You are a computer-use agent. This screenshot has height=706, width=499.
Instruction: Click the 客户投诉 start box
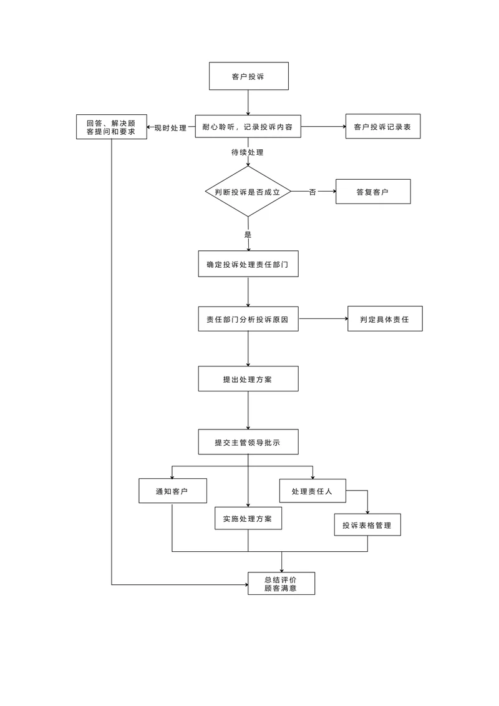click(x=248, y=77)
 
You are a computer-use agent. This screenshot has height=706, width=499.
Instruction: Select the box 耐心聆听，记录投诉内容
click(x=248, y=127)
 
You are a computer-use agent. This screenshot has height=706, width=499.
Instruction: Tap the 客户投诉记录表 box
click(x=382, y=127)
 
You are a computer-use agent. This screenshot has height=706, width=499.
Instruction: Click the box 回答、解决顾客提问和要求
click(x=111, y=127)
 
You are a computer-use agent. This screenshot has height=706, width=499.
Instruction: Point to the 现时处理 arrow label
click(x=170, y=127)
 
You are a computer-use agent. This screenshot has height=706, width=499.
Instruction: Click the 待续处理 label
click(x=248, y=152)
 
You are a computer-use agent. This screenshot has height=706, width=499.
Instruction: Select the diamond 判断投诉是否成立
click(x=248, y=192)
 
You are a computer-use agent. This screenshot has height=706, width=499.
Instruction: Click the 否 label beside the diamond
click(x=312, y=192)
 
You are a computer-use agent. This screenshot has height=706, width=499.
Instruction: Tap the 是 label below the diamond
click(x=248, y=235)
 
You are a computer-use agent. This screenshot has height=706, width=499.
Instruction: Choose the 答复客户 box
click(x=372, y=192)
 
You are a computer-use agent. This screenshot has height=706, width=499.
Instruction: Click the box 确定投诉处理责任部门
click(x=248, y=265)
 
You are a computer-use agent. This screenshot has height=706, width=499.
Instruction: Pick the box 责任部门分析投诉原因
click(x=248, y=319)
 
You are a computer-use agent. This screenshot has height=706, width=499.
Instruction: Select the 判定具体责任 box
click(x=384, y=319)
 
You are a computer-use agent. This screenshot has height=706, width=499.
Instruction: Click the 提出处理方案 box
click(x=248, y=379)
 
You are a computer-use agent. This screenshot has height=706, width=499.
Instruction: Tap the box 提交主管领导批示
click(x=248, y=442)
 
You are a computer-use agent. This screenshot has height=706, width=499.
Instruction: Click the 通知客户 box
click(x=172, y=491)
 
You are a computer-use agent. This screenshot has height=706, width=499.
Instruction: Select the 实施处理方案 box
click(x=248, y=519)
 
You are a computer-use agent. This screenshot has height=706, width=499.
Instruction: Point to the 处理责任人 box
click(x=312, y=491)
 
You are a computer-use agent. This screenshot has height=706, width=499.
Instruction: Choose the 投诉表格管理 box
click(x=367, y=525)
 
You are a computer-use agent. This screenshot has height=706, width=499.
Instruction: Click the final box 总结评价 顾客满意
click(x=281, y=583)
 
